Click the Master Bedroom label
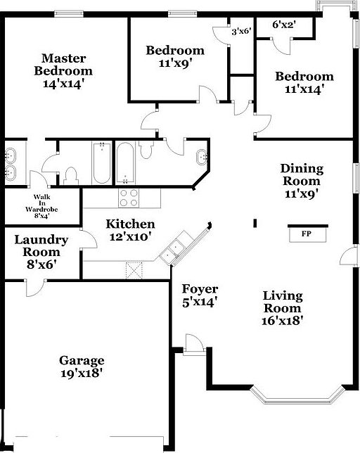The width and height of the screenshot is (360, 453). click(x=64, y=65)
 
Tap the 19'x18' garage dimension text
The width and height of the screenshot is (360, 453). click(x=82, y=374)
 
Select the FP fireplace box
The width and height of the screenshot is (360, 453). click(x=306, y=233)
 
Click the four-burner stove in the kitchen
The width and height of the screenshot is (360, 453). click(x=129, y=198)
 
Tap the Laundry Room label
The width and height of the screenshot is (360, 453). click(x=41, y=245)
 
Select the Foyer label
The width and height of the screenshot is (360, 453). click(x=200, y=289)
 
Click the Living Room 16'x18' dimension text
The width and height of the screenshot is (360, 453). click(x=282, y=321)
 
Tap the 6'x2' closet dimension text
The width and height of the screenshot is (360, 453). click(x=283, y=25)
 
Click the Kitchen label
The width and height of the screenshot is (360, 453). click(x=130, y=224)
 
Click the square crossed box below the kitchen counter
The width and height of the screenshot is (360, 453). click(x=134, y=270)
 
